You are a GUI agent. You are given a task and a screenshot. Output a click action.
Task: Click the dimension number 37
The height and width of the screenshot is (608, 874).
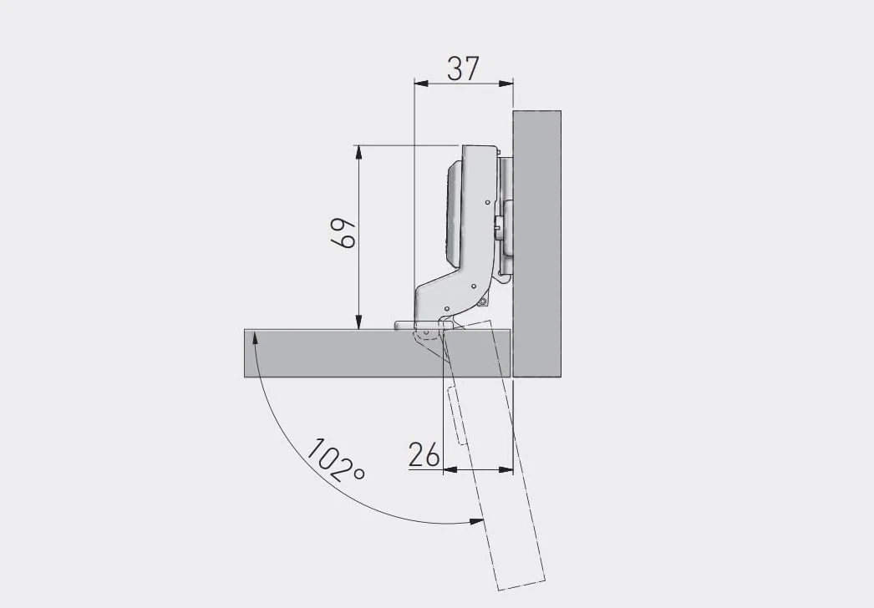(x=463, y=68)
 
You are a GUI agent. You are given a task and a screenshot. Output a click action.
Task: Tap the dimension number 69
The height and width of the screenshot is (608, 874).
(x=343, y=233)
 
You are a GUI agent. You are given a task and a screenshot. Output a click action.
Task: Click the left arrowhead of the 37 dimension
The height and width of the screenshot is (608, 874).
(x=421, y=84)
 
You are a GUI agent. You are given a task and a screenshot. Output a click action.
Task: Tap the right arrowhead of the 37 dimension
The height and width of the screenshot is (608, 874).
(x=506, y=84)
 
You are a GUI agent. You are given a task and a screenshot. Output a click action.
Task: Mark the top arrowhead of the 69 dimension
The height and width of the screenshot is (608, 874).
(x=359, y=153)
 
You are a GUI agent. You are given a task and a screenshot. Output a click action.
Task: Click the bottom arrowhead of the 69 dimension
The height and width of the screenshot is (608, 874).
(x=359, y=322)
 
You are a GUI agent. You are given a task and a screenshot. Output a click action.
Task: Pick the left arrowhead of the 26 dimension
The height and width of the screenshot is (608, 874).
(x=450, y=470)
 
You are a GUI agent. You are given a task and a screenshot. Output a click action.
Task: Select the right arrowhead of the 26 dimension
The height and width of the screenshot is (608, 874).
(x=506, y=470)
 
